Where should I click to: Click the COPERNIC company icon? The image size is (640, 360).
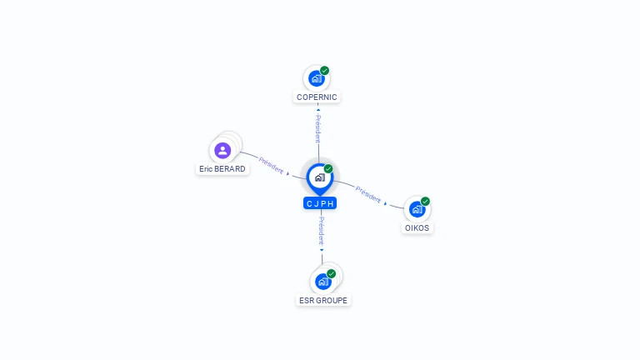(x=316, y=78)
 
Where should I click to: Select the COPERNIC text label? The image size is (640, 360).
(x=317, y=97)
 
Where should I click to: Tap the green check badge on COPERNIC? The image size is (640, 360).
(x=324, y=71)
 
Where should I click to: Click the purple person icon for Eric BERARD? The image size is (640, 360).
(x=222, y=151)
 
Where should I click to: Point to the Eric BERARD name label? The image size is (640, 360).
(x=222, y=168)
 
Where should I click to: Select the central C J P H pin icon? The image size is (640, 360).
(x=319, y=177)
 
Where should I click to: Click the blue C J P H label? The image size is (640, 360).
(x=320, y=203)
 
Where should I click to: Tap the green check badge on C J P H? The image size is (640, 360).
(x=328, y=169)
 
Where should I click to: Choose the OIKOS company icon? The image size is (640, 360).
(x=417, y=209)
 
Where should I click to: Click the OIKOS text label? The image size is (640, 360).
(x=417, y=227)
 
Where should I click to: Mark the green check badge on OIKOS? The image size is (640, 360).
(x=425, y=202)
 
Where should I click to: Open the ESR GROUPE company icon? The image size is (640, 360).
(x=323, y=282)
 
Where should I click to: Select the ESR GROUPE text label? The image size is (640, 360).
(x=323, y=300)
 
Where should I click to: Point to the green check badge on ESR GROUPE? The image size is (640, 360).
(x=331, y=274)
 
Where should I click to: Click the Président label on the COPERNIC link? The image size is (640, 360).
(x=317, y=127)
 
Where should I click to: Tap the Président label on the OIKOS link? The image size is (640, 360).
(x=368, y=193)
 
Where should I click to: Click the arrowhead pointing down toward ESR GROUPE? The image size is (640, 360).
(x=322, y=248)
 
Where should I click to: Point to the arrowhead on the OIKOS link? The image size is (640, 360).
(x=386, y=203)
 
